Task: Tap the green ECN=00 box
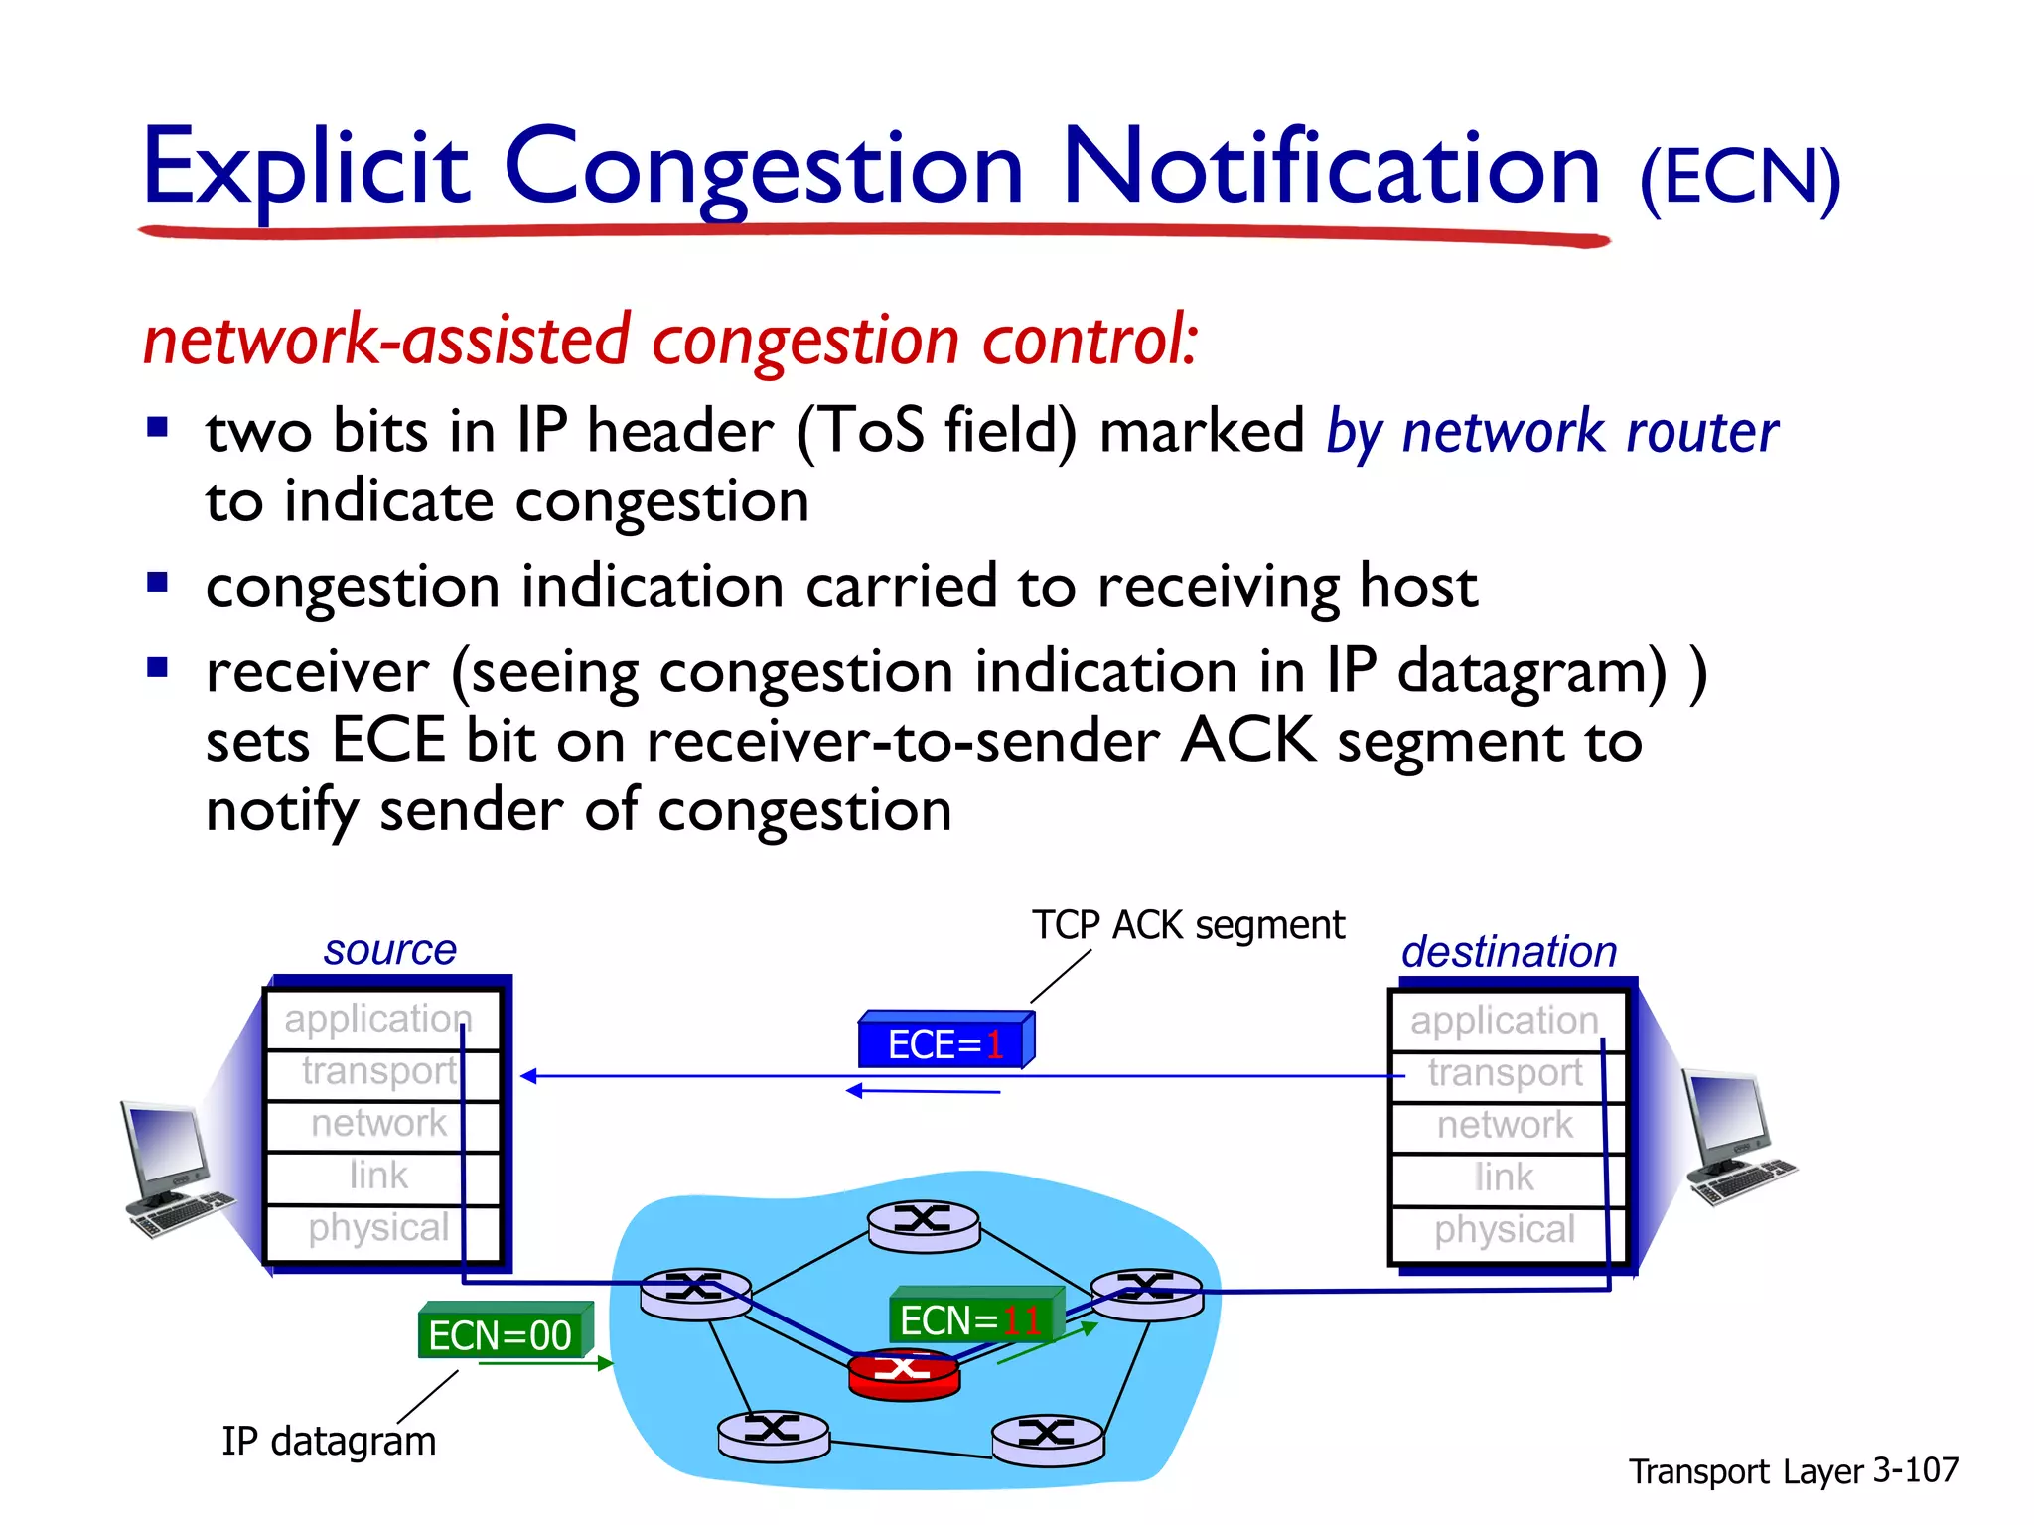tap(503, 1333)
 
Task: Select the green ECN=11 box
tap(973, 1317)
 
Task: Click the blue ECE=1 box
tap(944, 1042)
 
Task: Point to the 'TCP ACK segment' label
tap(1188, 925)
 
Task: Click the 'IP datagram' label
tap(329, 1441)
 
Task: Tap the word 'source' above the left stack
tap(390, 950)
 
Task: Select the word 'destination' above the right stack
tap(1509, 952)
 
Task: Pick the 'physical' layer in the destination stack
tap(1505, 1230)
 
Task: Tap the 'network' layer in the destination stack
tap(1505, 1125)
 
